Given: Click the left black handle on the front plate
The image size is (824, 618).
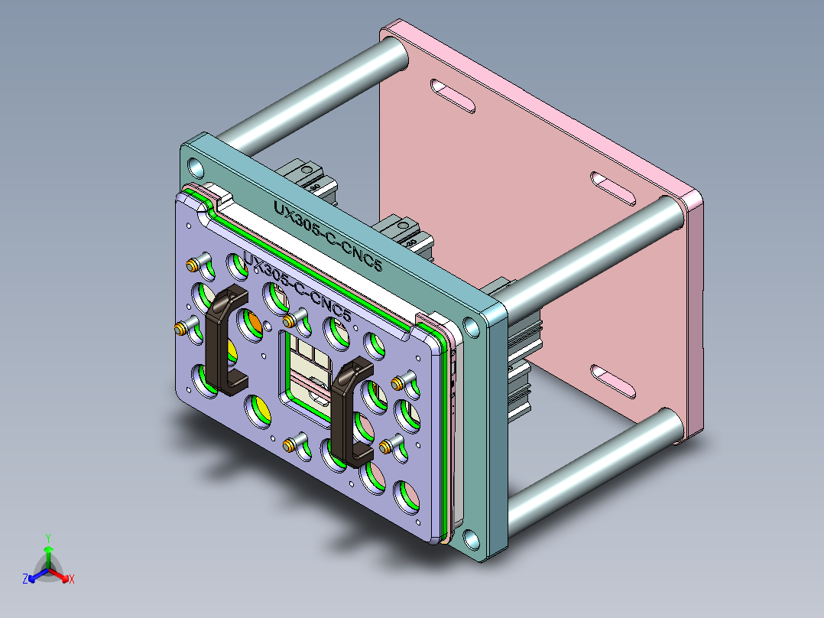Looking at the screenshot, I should pos(222,340).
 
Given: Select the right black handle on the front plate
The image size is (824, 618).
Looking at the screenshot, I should pos(351,413).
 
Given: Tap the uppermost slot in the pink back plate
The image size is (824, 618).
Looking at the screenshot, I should pos(453,96).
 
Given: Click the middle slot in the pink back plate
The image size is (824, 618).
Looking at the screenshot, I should pos(612,189).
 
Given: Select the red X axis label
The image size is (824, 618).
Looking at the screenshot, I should pos(72,580).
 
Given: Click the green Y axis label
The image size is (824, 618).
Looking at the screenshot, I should pos(47,537).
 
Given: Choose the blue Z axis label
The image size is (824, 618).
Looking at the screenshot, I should pos(25,580).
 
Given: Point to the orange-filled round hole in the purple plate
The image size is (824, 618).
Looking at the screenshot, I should pos(250,324).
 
